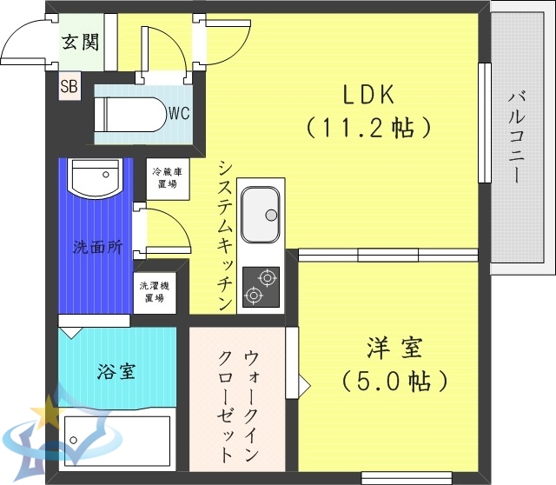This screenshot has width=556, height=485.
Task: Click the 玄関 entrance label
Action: pos(79,43)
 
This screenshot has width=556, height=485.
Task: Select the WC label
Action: pos(180,112)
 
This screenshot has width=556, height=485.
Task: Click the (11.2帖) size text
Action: pos(368,129)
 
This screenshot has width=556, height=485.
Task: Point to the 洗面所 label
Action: pos(96,246)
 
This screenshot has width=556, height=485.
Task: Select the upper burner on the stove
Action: pos(266,278)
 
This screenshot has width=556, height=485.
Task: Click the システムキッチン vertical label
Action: pos(223,235)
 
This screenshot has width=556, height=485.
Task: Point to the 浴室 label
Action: pos(116,371)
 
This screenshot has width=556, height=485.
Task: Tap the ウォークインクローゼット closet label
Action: pos(238,404)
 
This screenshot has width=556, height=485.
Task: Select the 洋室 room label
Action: pos(394,348)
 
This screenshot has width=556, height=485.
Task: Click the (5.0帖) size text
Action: pos(394,381)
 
